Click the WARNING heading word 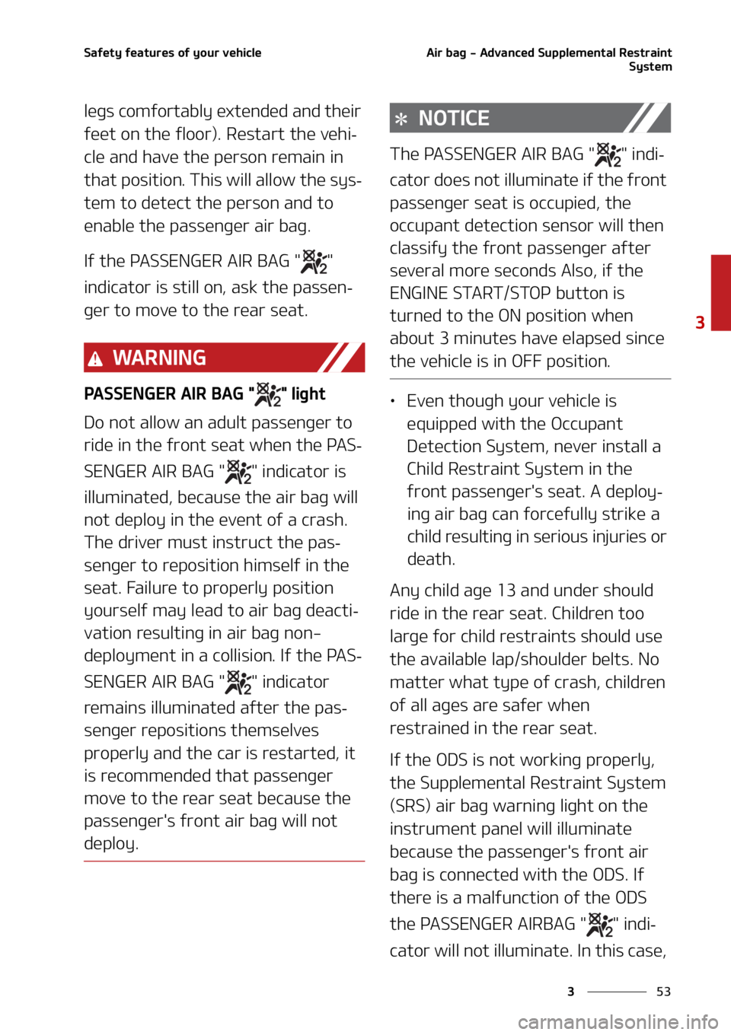(x=159, y=358)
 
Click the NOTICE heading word (x=454, y=118)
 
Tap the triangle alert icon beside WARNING (x=94, y=358)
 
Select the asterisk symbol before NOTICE (x=401, y=119)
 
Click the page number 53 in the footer (x=663, y=992)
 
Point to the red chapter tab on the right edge (x=721, y=292)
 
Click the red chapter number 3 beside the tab (x=700, y=323)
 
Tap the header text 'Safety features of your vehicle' (x=172, y=53)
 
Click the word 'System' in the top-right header (x=650, y=67)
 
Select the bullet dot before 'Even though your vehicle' (x=392, y=402)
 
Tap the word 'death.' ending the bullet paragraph (x=431, y=559)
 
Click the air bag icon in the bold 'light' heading (x=268, y=394)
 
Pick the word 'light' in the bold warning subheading (x=308, y=393)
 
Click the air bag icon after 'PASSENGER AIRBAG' (x=600, y=925)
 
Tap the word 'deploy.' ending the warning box (x=111, y=844)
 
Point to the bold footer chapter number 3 (x=570, y=992)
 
